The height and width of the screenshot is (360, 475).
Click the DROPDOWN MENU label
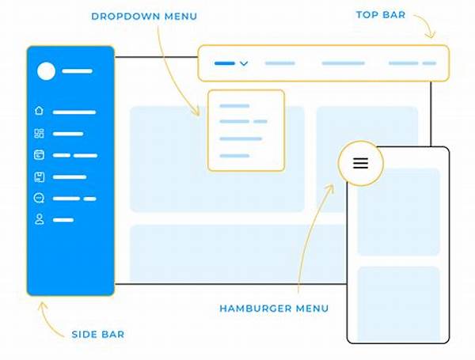[x=144, y=16]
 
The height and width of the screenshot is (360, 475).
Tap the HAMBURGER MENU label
[x=274, y=308]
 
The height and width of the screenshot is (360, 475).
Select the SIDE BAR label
[x=97, y=334]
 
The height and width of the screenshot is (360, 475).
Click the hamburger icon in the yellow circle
[x=360, y=163]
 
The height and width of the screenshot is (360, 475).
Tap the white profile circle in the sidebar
[x=47, y=71]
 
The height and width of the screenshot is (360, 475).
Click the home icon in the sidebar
[x=40, y=112]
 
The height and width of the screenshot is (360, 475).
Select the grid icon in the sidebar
[x=40, y=134]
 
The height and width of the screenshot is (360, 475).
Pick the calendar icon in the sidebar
[x=40, y=155]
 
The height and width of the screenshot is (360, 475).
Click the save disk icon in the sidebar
[x=40, y=176]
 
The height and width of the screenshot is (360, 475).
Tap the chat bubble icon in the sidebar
[x=40, y=198]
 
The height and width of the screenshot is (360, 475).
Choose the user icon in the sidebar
[x=40, y=219]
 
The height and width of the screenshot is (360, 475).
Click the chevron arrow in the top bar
[x=244, y=63]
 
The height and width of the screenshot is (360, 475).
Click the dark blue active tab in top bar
[x=225, y=63]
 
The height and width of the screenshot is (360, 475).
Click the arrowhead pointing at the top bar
[x=431, y=36]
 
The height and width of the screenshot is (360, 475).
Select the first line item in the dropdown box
[x=234, y=105]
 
